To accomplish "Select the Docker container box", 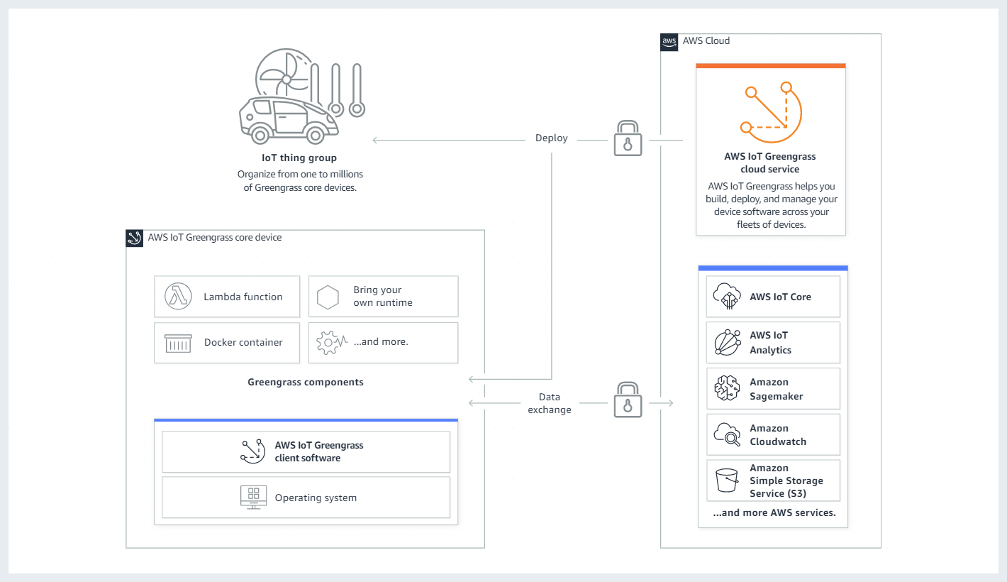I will click(x=226, y=343).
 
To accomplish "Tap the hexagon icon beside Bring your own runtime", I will click(x=328, y=297).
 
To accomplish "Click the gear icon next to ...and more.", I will click(x=328, y=342).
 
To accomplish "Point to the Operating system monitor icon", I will click(x=253, y=498).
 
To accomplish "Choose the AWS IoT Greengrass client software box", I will click(x=306, y=452).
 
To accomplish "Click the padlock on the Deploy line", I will click(x=627, y=138).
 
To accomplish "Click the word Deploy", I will click(x=551, y=138).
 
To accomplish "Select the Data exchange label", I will click(x=549, y=403).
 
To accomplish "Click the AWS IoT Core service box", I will click(x=773, y=297).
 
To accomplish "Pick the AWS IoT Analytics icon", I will click(x=728, y=342).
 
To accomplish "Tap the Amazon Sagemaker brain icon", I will click(x=728, y=388).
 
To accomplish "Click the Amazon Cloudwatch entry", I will click(x=773, y=434).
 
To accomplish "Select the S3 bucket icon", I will click(x=728, y=481).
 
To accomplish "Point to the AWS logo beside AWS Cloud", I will click(x=669, y=41).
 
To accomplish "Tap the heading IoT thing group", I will click(x=299, y=158).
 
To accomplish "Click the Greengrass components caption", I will click(x=305, y=382).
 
